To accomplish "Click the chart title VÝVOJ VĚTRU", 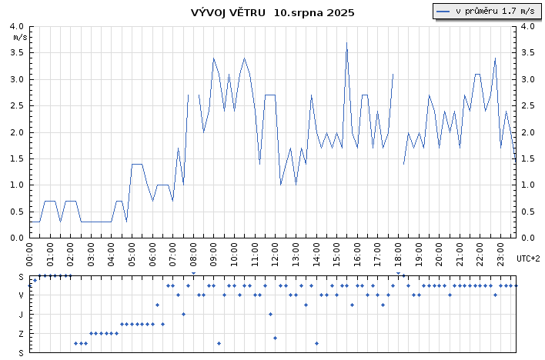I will click(x=229, y=12).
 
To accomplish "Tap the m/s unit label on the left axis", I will click(x=20, y=36).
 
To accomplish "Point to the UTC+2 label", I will click(x=528, y=258).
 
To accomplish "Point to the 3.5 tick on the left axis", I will click(x=18, y=53).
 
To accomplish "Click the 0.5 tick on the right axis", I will click(x=528, y=212).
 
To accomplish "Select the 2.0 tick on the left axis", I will click(x=18, y=132).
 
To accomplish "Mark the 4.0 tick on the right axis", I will click(x=528, y=26).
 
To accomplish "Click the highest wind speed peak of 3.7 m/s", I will click(x=346, y=43).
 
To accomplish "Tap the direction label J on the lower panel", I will click(x=22, y=314).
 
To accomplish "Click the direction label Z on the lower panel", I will click(x=22, y=333).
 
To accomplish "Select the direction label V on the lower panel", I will click(x=22, y=295).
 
